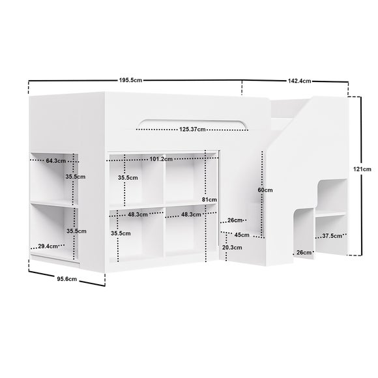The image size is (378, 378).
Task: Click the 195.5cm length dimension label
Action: click(130, 80)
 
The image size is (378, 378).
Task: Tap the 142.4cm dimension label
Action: click(299, 81)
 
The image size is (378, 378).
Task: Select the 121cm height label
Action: click(362, 169)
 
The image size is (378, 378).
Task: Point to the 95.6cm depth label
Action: click(66, 279)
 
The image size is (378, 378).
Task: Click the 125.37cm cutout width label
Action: click(192, 130)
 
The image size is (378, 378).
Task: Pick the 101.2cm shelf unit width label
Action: click(161, 159)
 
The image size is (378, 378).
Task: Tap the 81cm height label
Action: click(209, 199)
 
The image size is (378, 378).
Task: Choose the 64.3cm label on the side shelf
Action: click(55, 161)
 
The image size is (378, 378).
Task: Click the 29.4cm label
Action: click(48, 246)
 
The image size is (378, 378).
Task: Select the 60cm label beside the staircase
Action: click(265, 190)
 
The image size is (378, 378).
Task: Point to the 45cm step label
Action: click(242, 235)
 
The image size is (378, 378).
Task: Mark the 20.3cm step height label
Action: click(232, 248)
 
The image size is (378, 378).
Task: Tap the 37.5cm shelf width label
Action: click(332, 236)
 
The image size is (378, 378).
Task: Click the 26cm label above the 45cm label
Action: click(235, 220)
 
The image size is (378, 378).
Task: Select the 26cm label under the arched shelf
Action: click(304, 253)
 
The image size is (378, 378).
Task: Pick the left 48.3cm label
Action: click(138, 214)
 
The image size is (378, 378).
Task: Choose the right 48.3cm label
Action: click(191, 214)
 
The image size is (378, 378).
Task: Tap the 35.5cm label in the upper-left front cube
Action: click(128, 178)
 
